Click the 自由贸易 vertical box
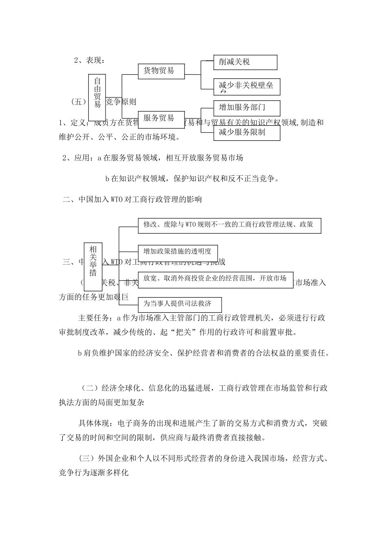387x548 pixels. click(97, 97)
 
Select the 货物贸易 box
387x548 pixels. click(161, 71)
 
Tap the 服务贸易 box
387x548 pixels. click(161, 118)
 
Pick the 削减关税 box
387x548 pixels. click(245, 62)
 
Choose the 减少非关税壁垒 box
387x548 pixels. click(246, 86)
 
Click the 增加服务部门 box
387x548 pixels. click(246, 108)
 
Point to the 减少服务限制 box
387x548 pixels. click(246, 133)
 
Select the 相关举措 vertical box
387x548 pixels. click(93, 267)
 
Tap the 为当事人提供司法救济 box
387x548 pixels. click(180, 304)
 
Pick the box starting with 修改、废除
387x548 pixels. click(229, 225)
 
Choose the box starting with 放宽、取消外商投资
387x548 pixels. click(215, 279)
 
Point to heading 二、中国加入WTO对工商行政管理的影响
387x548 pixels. click(132, 200)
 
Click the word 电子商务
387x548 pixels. click(132, 424)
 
